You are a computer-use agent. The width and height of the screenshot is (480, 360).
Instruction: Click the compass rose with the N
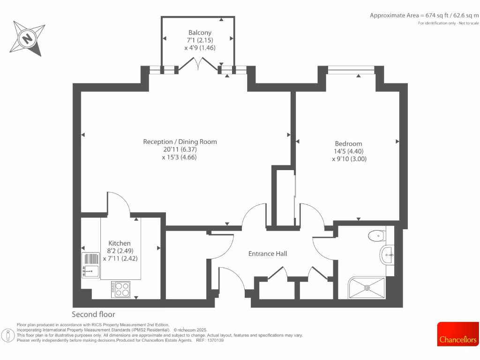click(28, 38)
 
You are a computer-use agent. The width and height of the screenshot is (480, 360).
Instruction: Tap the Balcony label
click(200, 32)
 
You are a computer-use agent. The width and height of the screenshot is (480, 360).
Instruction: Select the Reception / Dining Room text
click(180, 142)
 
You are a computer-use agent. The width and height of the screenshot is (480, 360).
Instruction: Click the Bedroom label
click(348, 143)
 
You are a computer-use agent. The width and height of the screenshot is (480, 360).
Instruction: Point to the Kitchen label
click(120, 243)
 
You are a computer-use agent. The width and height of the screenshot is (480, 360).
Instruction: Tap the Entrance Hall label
click(267, 254)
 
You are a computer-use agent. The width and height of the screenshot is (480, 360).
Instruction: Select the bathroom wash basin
click(387, 255)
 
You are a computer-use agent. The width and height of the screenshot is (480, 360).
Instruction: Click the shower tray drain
click(367, 287)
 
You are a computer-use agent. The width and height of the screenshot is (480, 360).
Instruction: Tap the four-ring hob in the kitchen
click(121, 289)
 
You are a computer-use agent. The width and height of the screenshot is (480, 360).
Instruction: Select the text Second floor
click(93, 314)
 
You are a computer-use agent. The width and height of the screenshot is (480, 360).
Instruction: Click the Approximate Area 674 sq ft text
click(424, 15)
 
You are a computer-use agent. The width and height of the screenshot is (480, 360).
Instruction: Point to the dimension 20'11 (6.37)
click(180, 150)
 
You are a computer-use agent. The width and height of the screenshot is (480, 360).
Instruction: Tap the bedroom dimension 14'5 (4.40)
click(348, 151)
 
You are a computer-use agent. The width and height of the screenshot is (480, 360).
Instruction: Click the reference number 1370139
click(215, 340)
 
